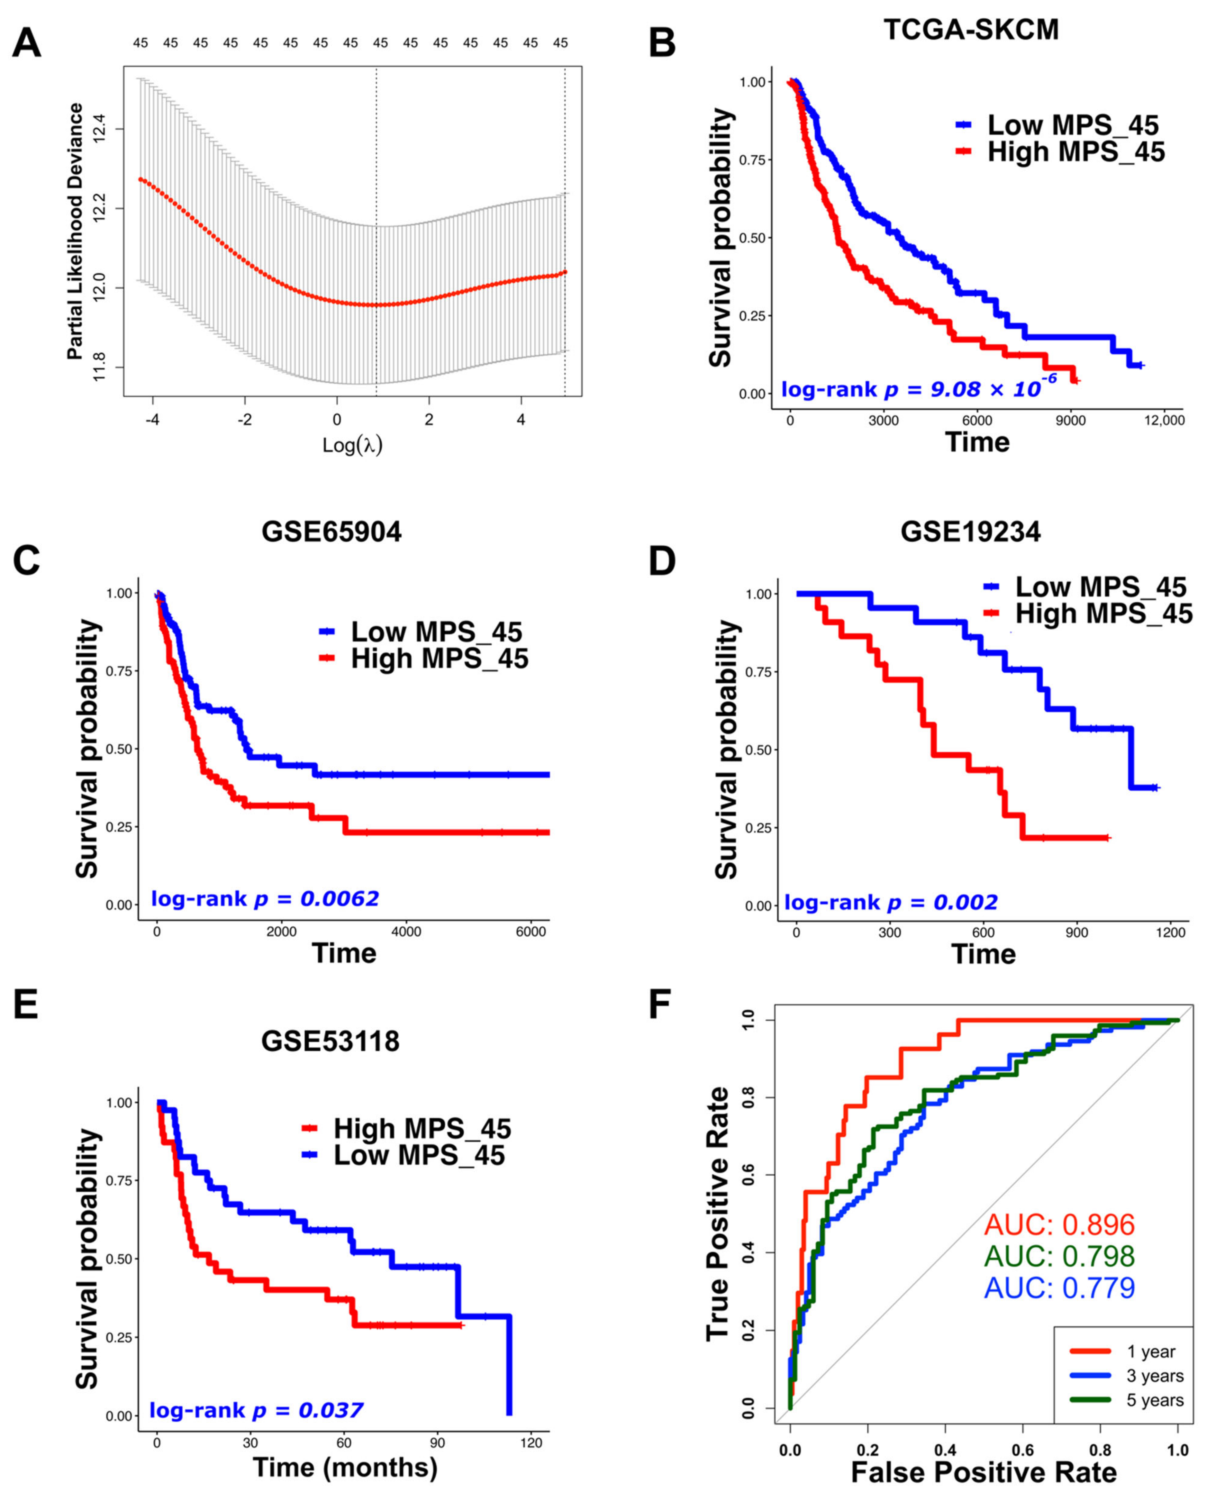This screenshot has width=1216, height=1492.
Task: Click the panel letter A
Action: (x=27, y=43)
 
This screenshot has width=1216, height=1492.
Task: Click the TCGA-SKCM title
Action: (x=971, y=29)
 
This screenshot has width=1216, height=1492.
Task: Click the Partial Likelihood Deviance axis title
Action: (x=75, y=231)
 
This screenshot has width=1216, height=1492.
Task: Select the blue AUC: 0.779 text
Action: (x=1059, y=1287)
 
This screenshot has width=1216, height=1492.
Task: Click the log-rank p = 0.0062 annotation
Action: (x=265, y=899)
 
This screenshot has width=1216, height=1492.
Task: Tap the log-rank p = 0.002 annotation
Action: (x=890, y=902)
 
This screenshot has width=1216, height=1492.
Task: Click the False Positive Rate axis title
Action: (x=984, y=1472)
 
